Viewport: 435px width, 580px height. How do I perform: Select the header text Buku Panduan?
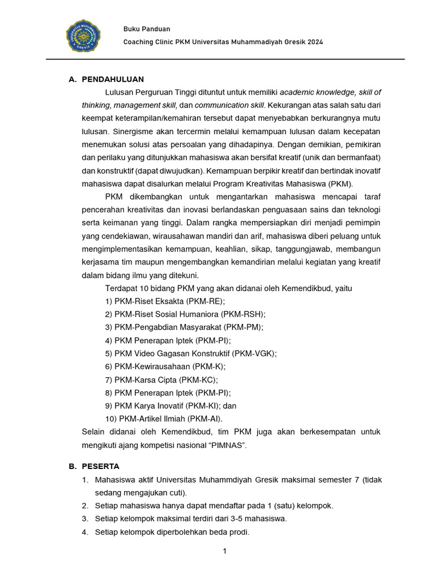147,29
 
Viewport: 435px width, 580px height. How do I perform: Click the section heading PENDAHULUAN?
113,79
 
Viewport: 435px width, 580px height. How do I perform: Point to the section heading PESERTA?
100,467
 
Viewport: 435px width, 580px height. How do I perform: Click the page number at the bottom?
225,552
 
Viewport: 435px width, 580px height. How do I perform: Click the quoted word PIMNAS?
228,445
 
